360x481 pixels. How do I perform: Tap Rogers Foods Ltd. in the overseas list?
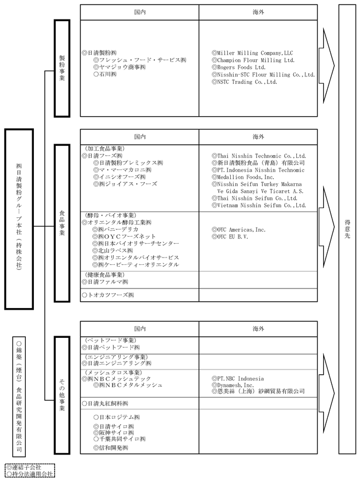[242, 67]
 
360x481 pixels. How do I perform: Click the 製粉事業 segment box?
[61, 68]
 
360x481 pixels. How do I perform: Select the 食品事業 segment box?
[61, 222]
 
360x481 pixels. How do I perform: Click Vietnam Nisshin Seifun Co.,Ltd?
[258, 205]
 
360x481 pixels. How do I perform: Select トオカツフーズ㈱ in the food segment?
[108, 295]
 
